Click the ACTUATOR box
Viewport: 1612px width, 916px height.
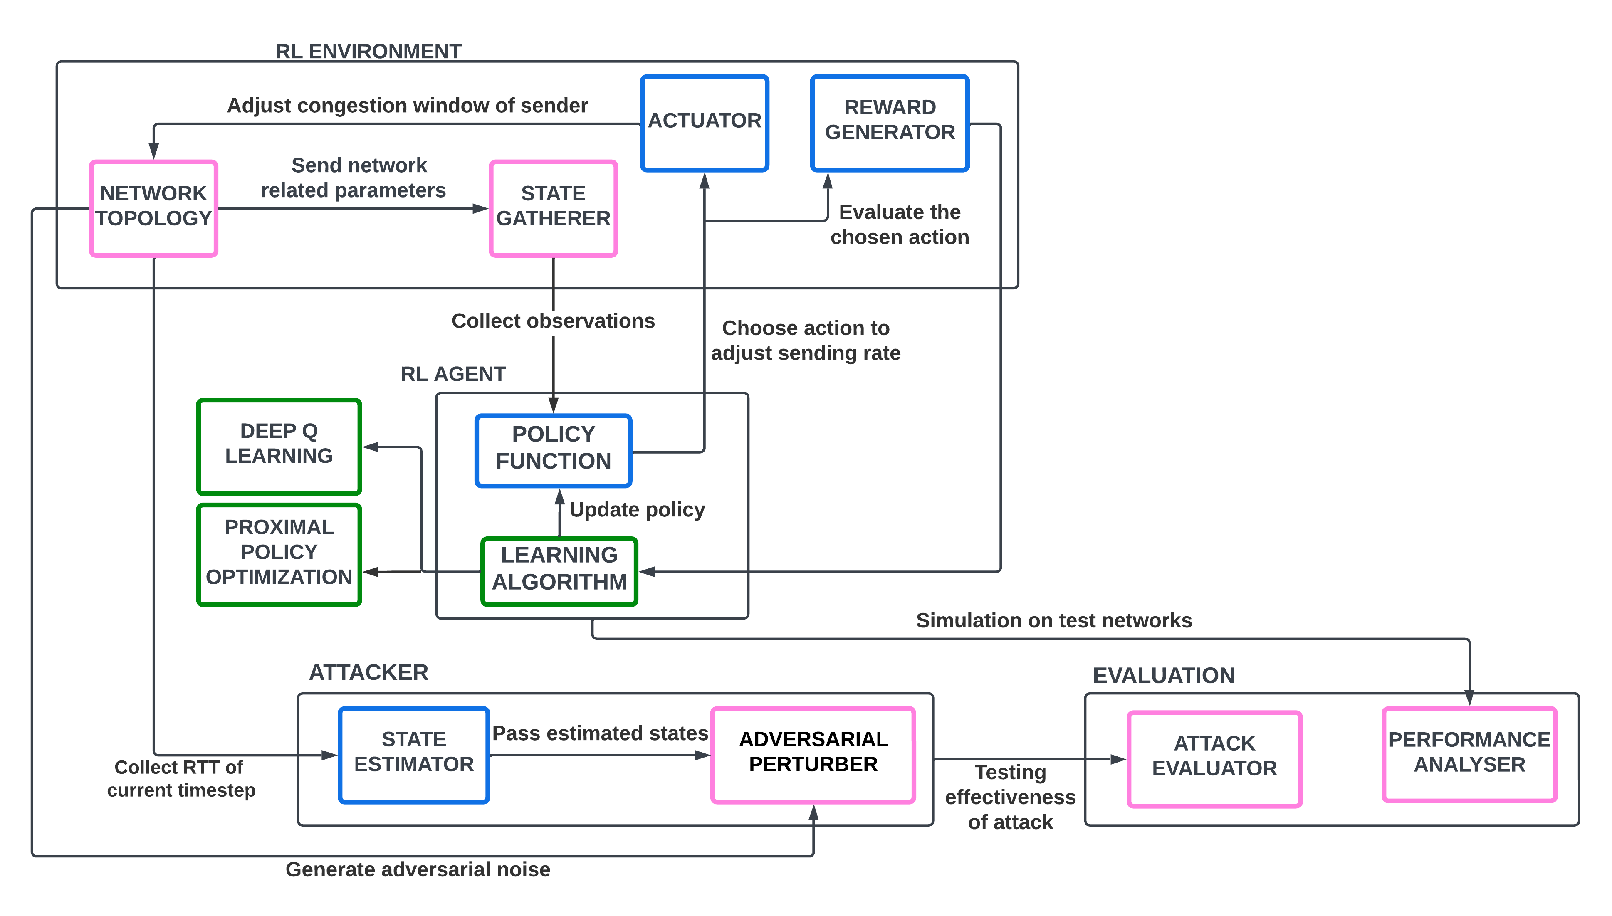pyautogui.click(x=704, y=123)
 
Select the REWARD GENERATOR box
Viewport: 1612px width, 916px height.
pyautogui.click(x=890, y=123)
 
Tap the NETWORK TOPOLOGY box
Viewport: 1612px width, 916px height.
pyautogui.click(x=153, y=208)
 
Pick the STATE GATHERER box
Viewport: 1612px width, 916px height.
pyautogui.click(x=553, y=208)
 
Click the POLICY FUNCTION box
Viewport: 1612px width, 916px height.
pyautogui.click(x=553, y=450)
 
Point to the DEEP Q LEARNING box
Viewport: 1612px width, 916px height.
pyautogui.click(x=279, y=446)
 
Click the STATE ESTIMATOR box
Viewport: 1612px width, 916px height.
pyautogui.click(x=413, y=754)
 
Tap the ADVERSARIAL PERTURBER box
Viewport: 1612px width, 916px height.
pyautogui.click(x=813, y=754)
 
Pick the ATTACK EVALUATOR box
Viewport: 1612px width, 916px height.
pyautogui.click(x=1214, y=759)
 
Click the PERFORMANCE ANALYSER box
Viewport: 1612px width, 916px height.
pyautogui.click(x=1469, y=754)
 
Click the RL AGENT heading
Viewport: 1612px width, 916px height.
pyautogui.click(x=453, y=374)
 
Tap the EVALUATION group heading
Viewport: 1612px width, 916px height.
pyautogui.click(x=1163, y=675)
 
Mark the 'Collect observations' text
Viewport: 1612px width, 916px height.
pyautogui.click(x=553, y=321)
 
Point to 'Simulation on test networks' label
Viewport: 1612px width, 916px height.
pyautogui.click(x=1054, y=620)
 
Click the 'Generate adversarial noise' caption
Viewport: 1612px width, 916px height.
pyautogui.click(x=418, y=869)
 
